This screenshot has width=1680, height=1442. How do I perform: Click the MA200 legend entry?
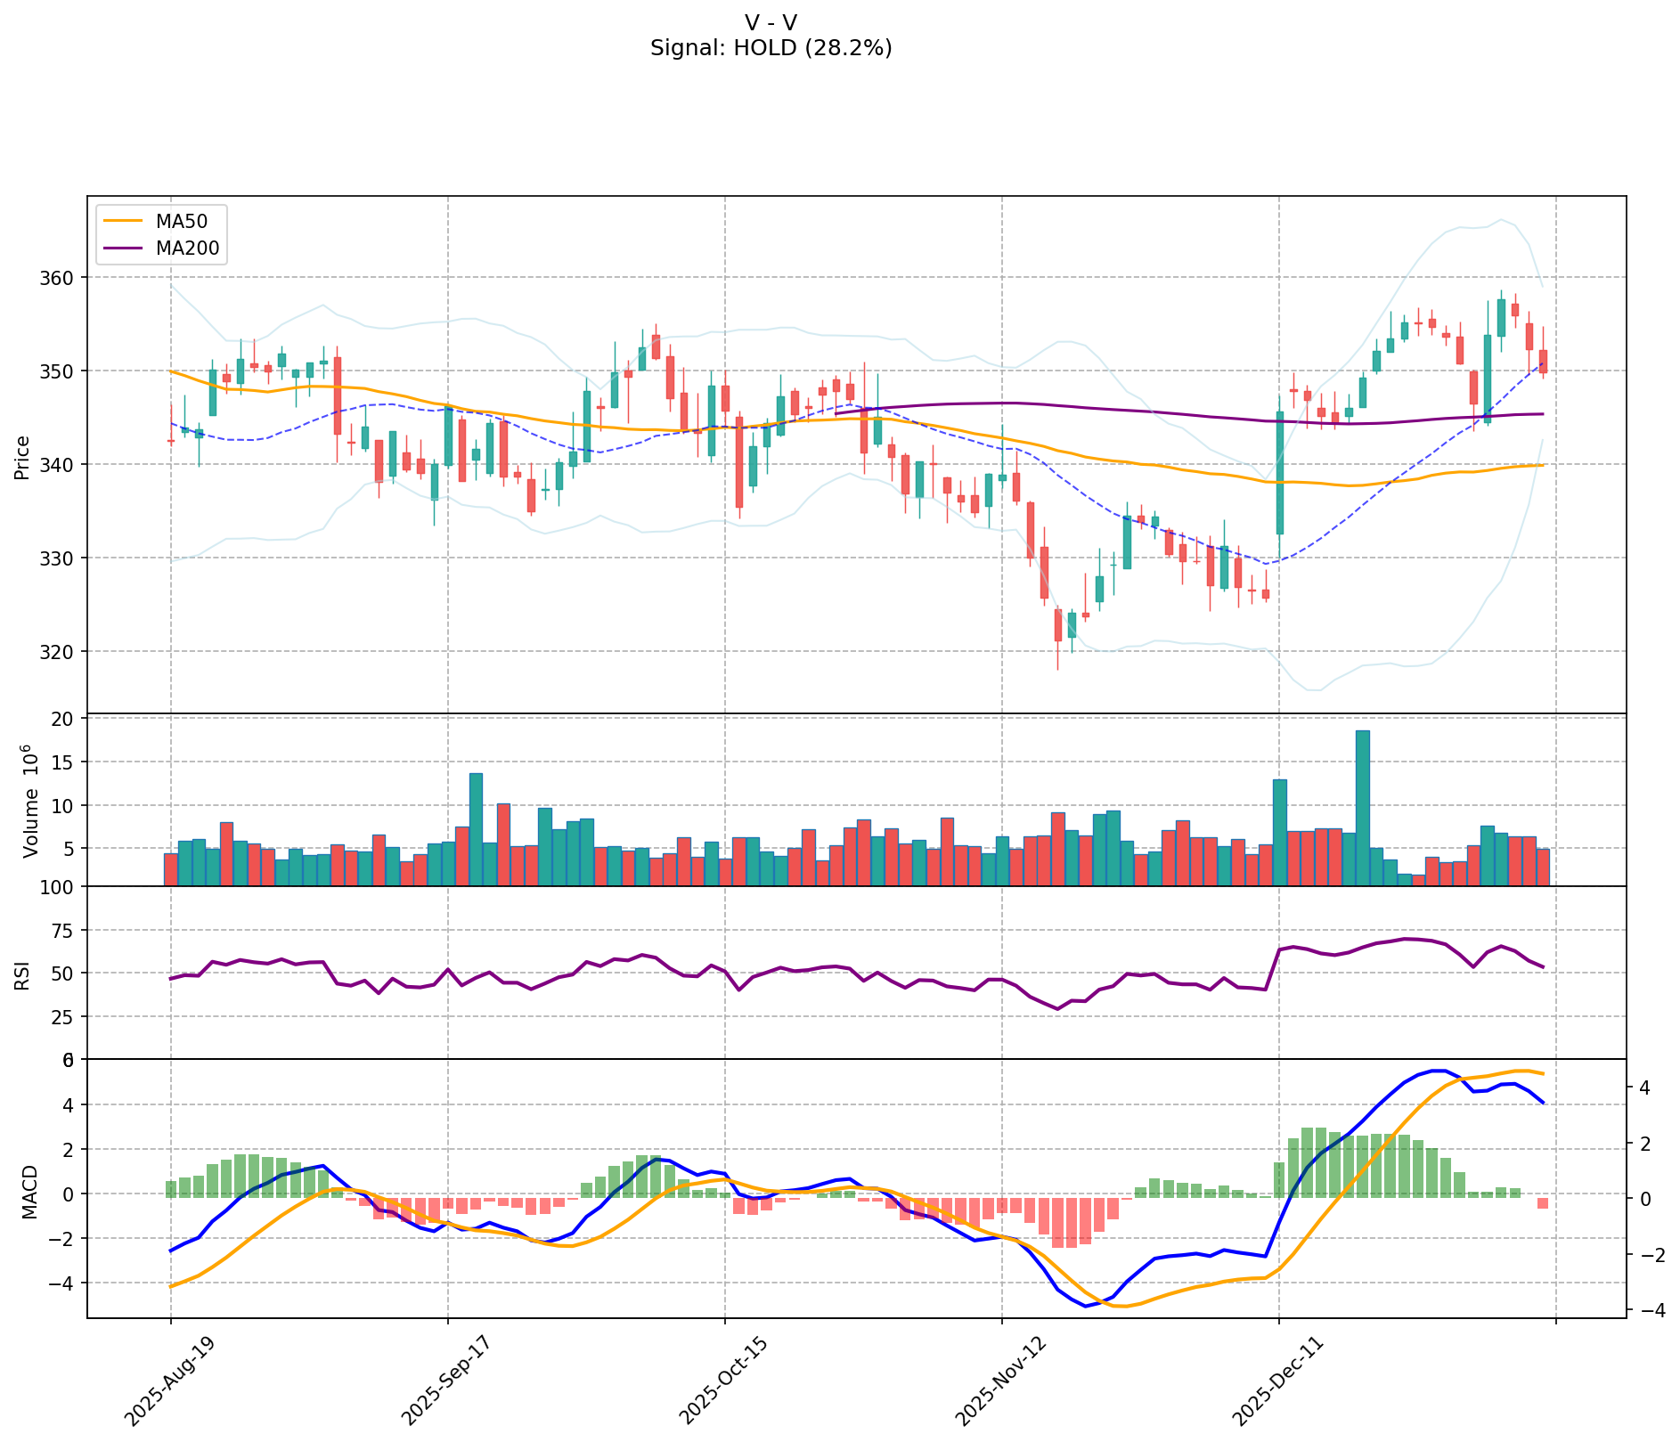[x=186, y=248]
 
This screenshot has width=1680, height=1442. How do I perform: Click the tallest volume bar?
[x=1363, y=806]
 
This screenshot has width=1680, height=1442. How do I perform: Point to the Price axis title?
[x=22, y=457]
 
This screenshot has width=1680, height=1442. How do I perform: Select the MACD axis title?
[x=29, y=1192]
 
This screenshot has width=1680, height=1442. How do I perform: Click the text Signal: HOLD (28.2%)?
[x=771, y=48]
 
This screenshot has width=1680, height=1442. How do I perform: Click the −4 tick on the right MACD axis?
[x=1648, y=1310]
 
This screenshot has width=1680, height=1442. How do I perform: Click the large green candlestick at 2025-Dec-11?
[x=1280, y=472]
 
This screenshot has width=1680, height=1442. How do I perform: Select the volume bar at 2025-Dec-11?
[x=1280, y=833]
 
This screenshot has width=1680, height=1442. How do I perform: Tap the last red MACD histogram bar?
[x=1543, y=1203]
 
